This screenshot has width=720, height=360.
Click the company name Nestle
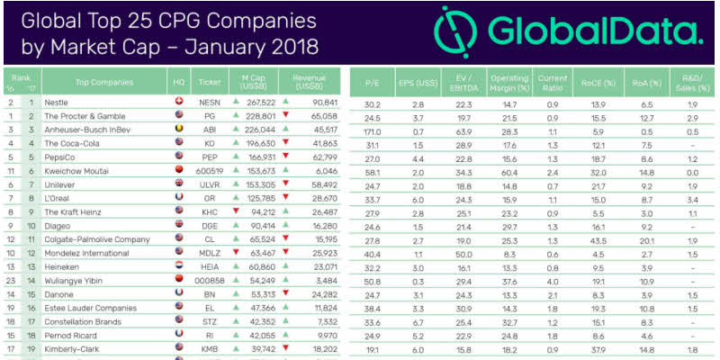click(57, 102)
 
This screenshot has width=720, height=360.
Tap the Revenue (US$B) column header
click(310, 81)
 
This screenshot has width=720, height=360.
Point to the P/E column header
click(372, 81)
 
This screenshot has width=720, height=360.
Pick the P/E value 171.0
click(371, 130)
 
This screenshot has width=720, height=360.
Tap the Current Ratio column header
click(553, 81)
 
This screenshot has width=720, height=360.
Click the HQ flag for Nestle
click(179, 102)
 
